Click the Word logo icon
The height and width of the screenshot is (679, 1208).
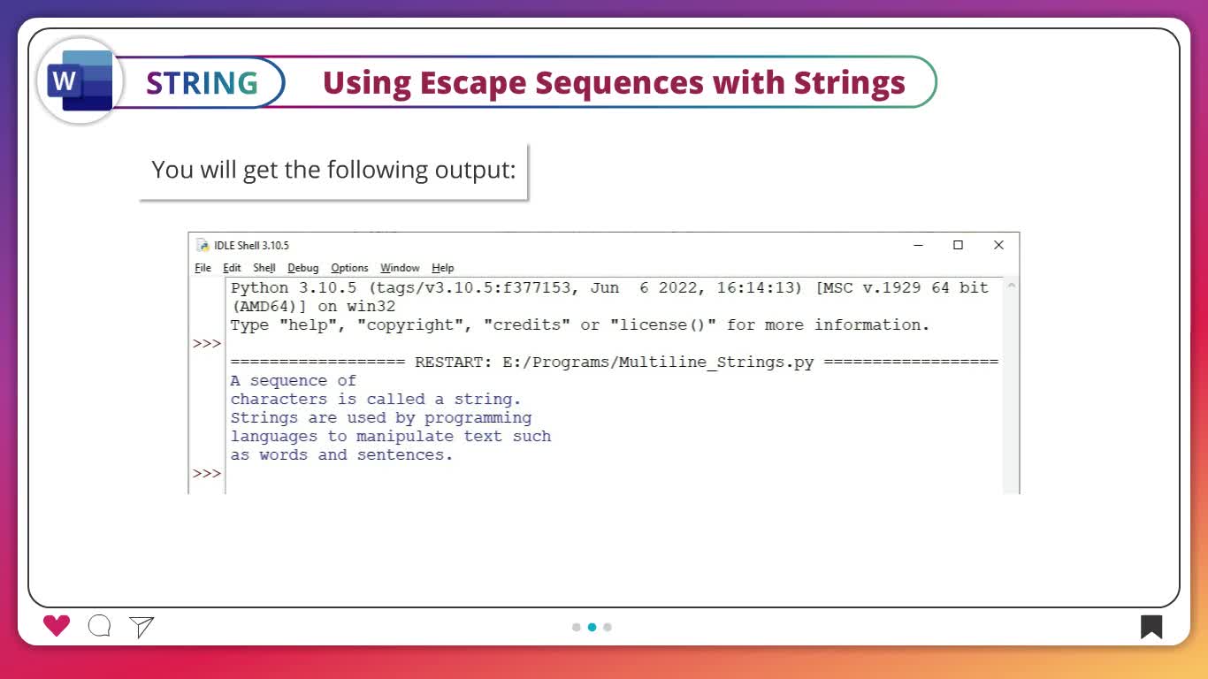(x=80, y=80)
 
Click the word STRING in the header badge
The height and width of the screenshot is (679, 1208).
(x=203, y=83)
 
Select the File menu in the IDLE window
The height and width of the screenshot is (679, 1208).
(x=203, y=268)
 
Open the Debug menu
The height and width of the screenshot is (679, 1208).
(x=303, y=268)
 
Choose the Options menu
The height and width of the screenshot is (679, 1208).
(x=349, y=268)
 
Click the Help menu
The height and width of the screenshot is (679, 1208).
(x=443, y=268)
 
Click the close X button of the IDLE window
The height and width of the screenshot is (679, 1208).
(x=998, y=245)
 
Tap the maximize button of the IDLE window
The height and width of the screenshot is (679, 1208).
(x=958, y=245)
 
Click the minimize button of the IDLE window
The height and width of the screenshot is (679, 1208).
(x=919, y=245)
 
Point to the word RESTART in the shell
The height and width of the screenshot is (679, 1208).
(x=453, y=362)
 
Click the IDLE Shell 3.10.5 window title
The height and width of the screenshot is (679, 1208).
(x=251, y=246)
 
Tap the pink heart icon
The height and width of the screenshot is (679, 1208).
(x=57, y=626)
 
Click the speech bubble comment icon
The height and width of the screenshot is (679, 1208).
(x=99, y=626)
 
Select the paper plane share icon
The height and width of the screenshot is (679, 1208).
(x=141, y=627)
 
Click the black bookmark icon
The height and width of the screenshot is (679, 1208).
(x=1151, y=627)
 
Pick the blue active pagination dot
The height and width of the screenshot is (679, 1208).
(x=593, y=627)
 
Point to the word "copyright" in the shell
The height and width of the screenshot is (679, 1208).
(x=415, y=324)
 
